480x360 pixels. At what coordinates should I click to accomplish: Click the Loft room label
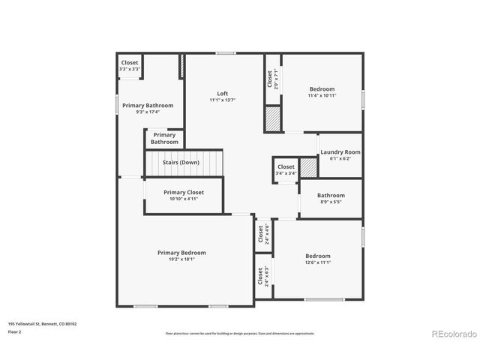[x=223, y=94]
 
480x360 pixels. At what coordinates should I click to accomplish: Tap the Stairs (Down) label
[x=181, y=162]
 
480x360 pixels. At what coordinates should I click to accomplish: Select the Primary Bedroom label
[x=181, y=253]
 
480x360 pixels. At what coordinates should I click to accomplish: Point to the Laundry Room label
[x=340, y=152]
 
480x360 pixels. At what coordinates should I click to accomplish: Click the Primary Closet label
[x=184, y=192]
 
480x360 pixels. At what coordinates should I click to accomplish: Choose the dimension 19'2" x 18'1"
[x=181, y=259]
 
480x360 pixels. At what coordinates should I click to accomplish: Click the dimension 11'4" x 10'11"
[x=321, y=95]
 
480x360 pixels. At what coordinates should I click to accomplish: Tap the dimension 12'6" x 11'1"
[x=318, y=262]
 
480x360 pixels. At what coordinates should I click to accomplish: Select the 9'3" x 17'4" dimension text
[x=148, y=112]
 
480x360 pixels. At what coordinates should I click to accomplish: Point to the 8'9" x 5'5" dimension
[x=331, y=202]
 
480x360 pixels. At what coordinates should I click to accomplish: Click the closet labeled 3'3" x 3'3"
[x=130, y=66]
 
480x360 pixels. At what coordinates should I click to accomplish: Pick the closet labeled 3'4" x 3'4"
[x=286, y=170]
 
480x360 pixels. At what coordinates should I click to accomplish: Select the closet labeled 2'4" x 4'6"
[x=262, y=235]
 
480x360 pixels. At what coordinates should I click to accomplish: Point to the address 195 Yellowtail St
[x=42, y=324]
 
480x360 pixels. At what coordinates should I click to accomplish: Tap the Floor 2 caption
[x=14, y=331]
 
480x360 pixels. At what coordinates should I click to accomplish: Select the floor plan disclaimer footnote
[x=240, y=333]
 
